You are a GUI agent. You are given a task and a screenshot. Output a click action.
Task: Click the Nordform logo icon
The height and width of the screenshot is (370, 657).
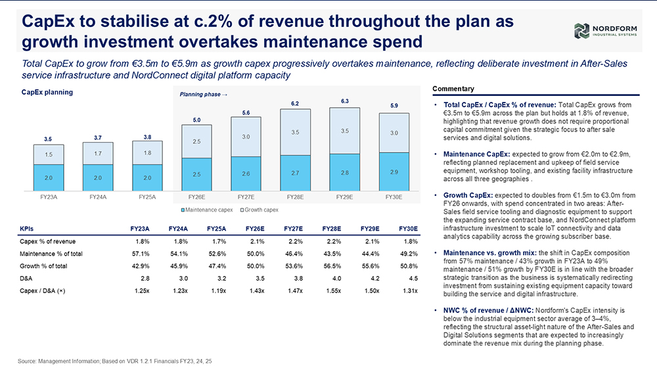pos(581,31)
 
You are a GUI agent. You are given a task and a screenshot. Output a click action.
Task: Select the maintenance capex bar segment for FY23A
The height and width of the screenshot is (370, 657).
pos(49,177)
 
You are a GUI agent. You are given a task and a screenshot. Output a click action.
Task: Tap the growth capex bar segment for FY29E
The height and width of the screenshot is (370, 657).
pos(344,131)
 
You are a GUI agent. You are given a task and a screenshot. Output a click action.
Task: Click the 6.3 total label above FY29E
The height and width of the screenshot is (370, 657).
pos(344,101)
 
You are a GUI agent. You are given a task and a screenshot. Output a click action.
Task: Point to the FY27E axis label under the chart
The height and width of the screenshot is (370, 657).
pos(246,197)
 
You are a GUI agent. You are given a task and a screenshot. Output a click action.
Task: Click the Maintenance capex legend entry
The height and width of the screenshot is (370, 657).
pos(206,210)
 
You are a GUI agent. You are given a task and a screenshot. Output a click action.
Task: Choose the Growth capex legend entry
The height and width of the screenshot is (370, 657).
pos(260,210)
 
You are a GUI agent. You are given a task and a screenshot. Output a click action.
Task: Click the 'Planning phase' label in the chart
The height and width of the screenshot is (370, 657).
pos(203,94)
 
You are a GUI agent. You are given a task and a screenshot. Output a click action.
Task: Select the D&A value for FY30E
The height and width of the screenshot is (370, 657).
pos(413,278)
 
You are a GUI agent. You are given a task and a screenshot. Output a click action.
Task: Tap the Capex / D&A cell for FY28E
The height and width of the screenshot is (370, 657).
pos(334,290)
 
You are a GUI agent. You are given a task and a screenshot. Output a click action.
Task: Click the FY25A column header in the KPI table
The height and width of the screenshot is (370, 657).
pos(217,229)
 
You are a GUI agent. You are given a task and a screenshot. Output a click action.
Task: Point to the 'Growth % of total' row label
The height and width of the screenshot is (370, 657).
pos(43,266)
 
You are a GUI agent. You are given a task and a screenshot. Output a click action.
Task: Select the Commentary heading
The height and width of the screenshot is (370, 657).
pos(453,89)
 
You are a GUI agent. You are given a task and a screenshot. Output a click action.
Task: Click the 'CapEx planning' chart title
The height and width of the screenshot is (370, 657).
pos(47,92)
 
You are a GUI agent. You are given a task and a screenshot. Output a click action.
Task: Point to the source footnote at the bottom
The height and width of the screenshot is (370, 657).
pos(115,361)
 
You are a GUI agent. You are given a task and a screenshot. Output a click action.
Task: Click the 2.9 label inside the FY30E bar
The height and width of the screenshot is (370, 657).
pos(394,172)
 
